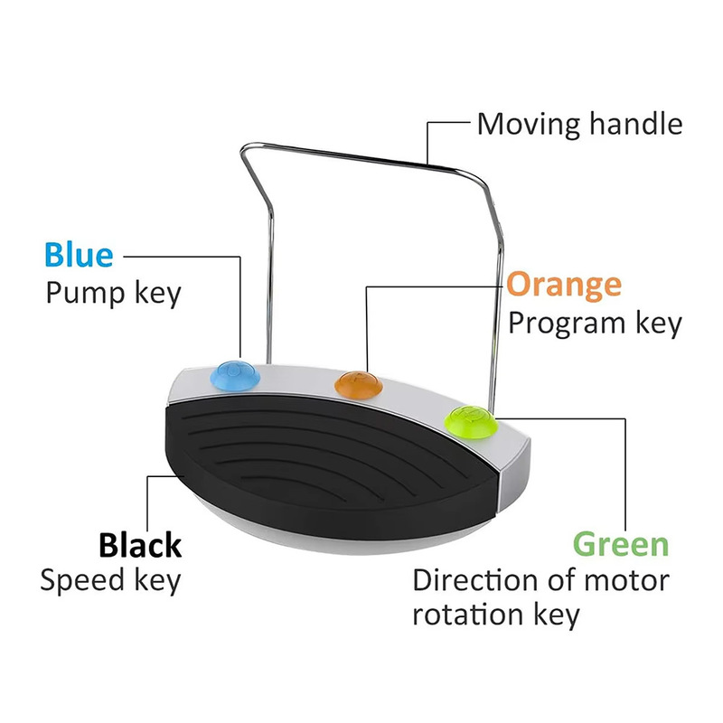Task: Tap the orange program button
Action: pyautogui.click(x=357, y=383)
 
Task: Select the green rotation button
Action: pyautogui.click(x=471, y=420)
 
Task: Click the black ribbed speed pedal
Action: pyautogui.click(x=325, y=470)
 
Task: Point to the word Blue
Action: pyautogui.click(x=80, y=256)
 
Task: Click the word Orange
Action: pyautogui.click(x=564, y=285)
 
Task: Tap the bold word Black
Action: pyautogui.click(x=140, y=546)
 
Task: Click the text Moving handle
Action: pyautogui.click(x=579, y=124)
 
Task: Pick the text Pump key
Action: pyautogui.click(x=113, y=293)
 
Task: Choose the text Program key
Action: pyautogui.click(x=594, y=323)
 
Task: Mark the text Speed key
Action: pyautogui.click(x=110, y=581)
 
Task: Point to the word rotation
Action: pyautogui.click(x=463, y=616)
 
